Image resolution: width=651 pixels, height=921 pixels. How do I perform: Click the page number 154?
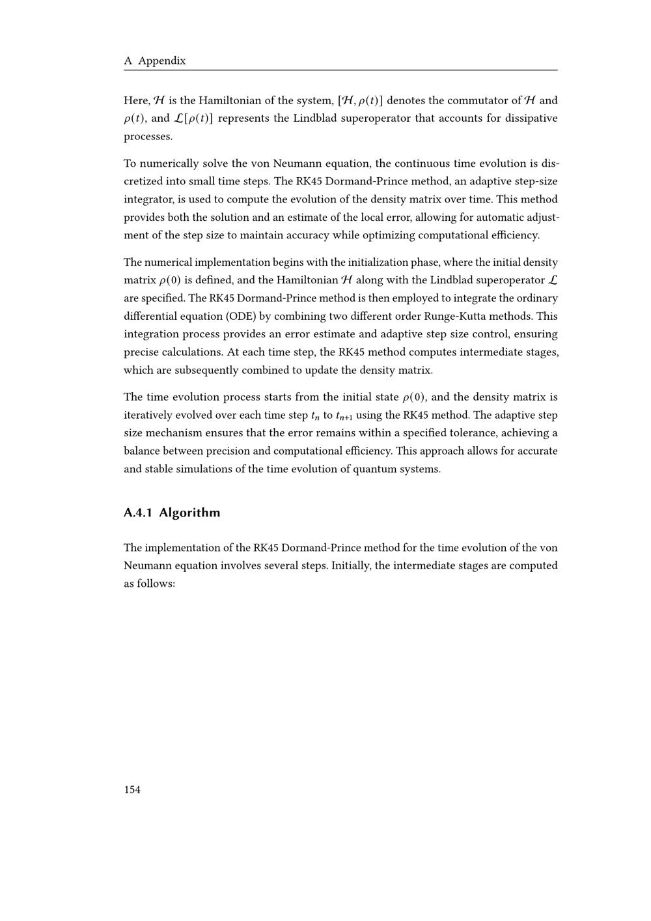coord(132,789)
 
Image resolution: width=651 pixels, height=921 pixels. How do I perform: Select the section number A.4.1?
coord(138,513)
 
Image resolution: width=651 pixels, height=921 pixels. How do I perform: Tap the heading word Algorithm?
coord(189,513)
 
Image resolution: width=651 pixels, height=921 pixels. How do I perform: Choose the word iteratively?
coord(149,415)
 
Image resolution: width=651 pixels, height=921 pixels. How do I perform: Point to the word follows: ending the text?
coord(157,584)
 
